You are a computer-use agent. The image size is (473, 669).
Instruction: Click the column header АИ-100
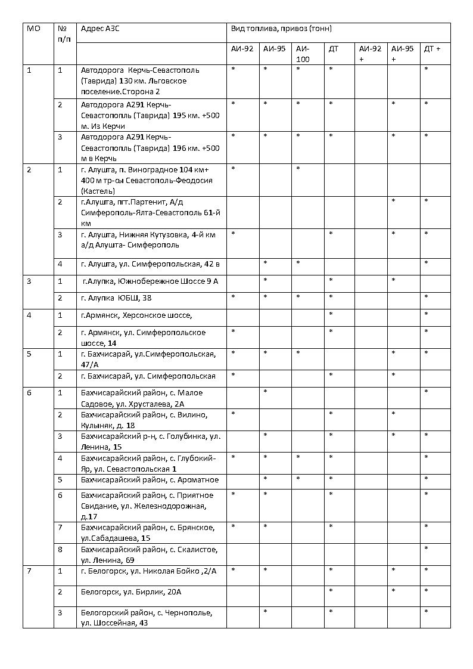click(303, 54)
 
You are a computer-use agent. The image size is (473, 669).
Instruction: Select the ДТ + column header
click(432, 49)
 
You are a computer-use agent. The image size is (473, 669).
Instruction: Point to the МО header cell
click(34, 29)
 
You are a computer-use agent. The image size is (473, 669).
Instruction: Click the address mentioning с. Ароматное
click(150, 480)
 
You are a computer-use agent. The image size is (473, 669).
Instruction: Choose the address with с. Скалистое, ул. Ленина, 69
click(149, 555)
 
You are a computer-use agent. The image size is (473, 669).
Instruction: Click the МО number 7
click(29, 571)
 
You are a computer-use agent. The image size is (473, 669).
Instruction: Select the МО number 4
click(29, 314)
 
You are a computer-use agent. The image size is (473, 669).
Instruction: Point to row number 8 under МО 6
click(60, 549)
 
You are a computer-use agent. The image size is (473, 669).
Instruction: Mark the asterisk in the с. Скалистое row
click(427, 549)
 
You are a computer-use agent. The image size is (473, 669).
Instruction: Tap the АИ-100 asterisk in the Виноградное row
click(298, 169)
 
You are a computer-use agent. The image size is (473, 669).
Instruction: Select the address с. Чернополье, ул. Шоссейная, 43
click(147, 618)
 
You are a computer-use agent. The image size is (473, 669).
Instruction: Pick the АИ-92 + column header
click(369, 54)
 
